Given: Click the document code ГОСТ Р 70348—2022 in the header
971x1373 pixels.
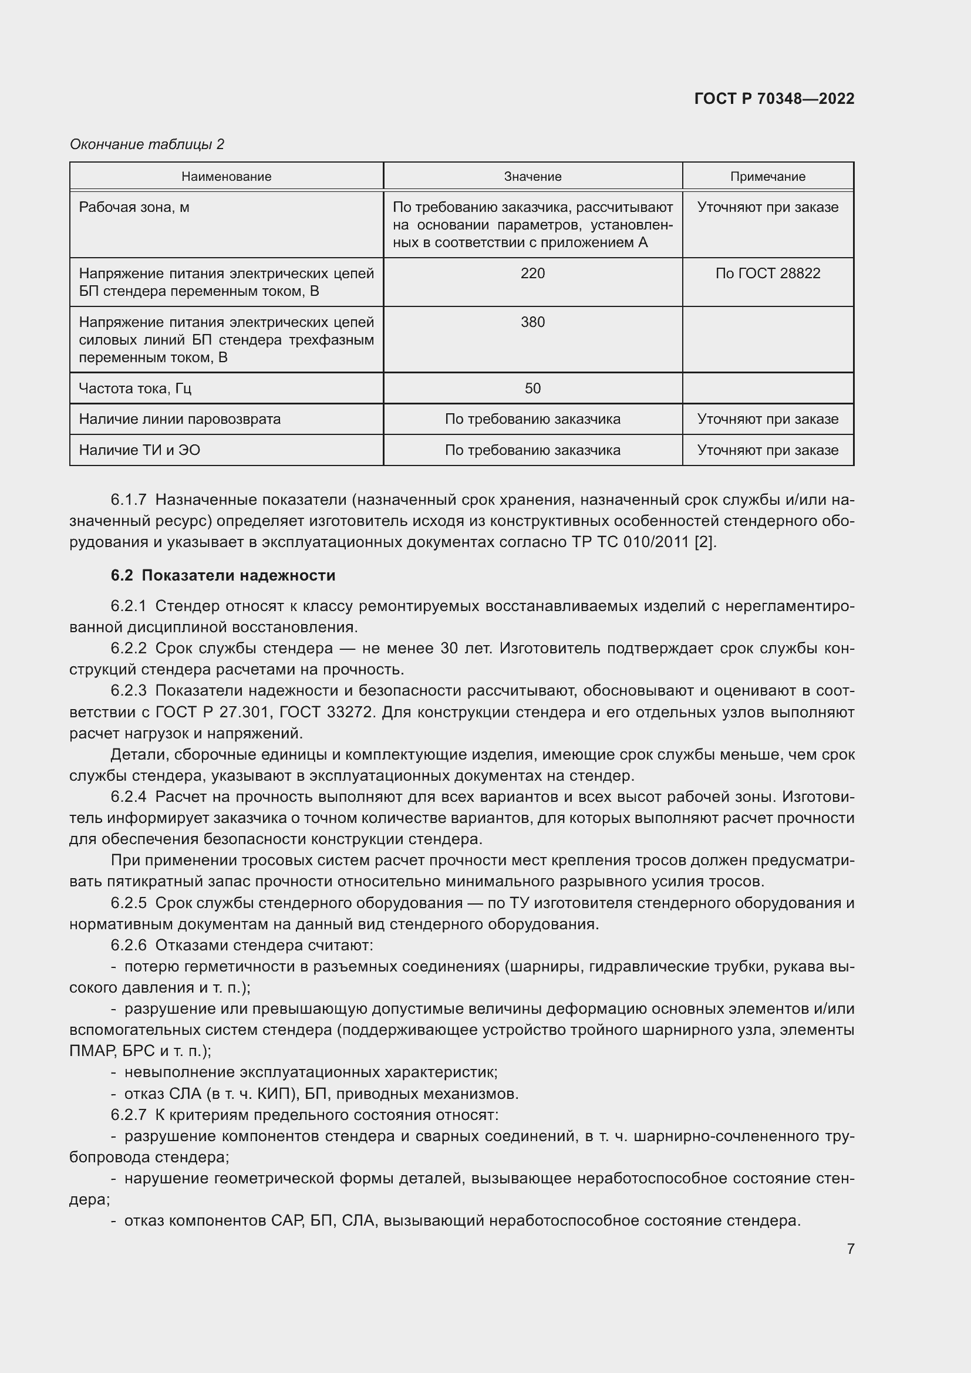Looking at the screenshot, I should [774, 99].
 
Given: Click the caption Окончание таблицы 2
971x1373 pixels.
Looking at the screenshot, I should [147, 144].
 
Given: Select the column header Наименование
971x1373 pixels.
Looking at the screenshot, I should [226, 177].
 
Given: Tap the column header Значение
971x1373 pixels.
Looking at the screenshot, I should [532, 177].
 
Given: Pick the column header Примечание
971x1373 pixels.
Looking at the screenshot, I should [768, 177].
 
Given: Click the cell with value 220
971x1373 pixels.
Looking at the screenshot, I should [532, 274].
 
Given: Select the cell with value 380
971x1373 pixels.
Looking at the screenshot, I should [532, 322].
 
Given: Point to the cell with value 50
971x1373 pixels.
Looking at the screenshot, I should [532, 389].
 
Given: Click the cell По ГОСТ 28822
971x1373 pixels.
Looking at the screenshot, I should [768, 274].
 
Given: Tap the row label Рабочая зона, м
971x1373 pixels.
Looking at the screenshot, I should [134, 207].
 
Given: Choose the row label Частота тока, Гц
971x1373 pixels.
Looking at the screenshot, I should [135, 389].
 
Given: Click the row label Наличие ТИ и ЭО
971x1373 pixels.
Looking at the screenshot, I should [139, 450].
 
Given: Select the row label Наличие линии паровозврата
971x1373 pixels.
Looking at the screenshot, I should [180, 419].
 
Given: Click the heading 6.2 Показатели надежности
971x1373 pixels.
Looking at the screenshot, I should [223, 575].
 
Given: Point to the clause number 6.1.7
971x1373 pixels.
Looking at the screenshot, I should [129, 500].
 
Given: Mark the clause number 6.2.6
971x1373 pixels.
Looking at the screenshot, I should [129, 946].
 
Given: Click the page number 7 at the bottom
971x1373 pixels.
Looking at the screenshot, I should [850, 1249].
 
